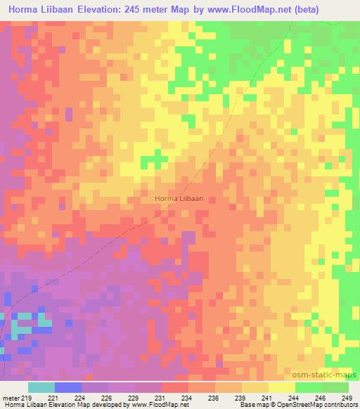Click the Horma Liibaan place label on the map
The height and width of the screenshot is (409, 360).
[179, 199]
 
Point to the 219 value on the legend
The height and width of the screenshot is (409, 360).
[27, 397]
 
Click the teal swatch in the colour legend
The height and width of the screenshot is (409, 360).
[41, 387]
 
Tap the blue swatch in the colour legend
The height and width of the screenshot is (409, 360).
[67, 387]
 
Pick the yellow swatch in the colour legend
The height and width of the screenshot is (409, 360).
[281, 387]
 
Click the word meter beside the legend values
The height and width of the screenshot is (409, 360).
[11, 397]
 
